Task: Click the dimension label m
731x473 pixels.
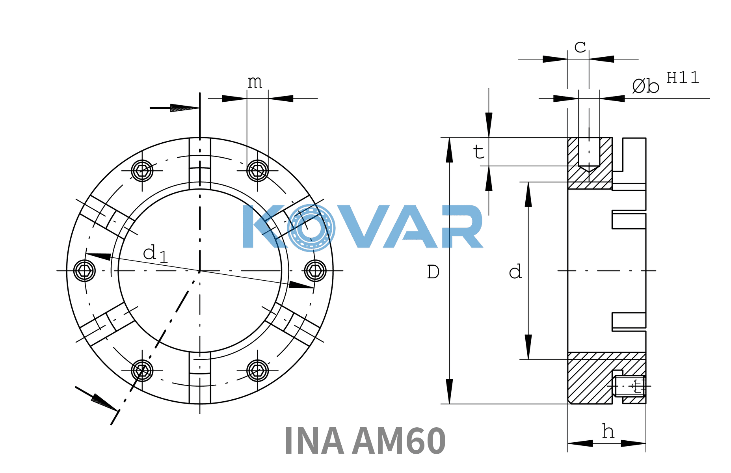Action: [255, 82]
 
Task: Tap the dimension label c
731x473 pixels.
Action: [580, 47]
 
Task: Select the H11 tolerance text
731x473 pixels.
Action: [683, 78]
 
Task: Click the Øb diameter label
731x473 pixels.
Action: [645, 86]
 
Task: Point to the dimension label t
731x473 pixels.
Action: [479, 151]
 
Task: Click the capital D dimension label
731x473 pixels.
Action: [433, 272]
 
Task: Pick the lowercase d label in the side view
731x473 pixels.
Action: [515, 272]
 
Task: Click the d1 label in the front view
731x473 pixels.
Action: [155, 253]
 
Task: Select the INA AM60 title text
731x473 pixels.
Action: [365, 441]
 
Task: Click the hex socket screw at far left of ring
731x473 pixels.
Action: [84, 271]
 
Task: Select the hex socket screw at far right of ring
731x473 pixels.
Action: [315, 271]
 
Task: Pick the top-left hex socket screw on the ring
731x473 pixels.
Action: [142, 171]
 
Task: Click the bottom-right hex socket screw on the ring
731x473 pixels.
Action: [257, 371]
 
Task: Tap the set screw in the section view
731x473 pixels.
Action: [629, 386]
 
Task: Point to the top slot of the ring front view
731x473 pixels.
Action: [200, 164]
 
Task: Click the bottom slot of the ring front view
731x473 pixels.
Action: [200, 378]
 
